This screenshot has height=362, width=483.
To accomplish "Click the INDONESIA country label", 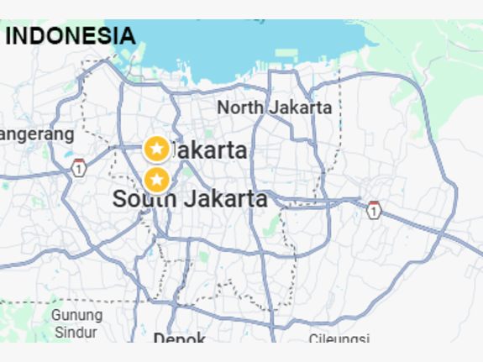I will [71, 36].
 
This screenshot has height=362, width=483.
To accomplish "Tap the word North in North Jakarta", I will [240, 108].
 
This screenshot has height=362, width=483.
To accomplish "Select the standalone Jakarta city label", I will [210, 151].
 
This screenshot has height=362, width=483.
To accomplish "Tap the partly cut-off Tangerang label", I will [37, 134].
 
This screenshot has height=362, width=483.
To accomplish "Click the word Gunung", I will [76, 315].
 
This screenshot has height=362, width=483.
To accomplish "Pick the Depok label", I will [180, 338].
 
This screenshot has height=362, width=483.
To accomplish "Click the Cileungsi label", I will [339, 339].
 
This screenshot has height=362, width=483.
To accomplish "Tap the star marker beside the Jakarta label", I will [156, 149].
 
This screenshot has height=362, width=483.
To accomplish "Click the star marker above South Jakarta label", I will [156, 179].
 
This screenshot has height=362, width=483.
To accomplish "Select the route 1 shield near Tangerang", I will [79, 168].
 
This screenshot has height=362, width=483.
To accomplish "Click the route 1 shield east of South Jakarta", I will [374, 210].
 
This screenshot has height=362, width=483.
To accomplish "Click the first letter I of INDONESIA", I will [9, 36].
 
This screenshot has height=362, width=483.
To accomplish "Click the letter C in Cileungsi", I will [313, 339].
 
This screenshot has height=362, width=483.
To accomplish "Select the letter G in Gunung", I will [56, 315].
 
